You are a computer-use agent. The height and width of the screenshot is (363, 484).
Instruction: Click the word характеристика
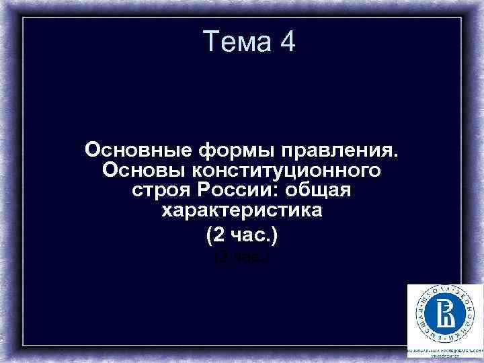click(242, 212)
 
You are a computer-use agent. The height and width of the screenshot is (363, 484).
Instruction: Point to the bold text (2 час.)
click(242, 236)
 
